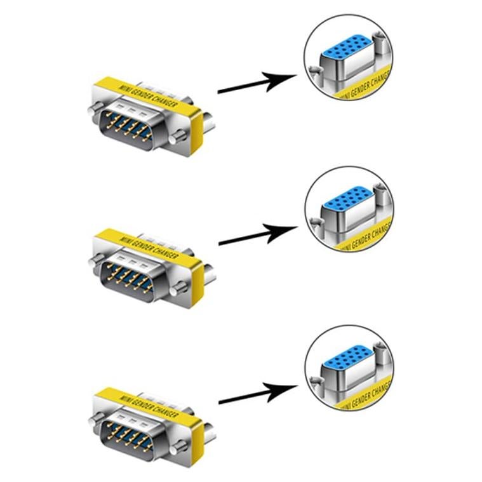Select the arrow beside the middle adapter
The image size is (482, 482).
pyautogui.click(x=257, y=236)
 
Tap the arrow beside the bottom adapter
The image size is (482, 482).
pyautogui.click(x=257, y=394)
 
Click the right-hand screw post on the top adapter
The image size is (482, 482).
pyautogui.click(x=180, y=135)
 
